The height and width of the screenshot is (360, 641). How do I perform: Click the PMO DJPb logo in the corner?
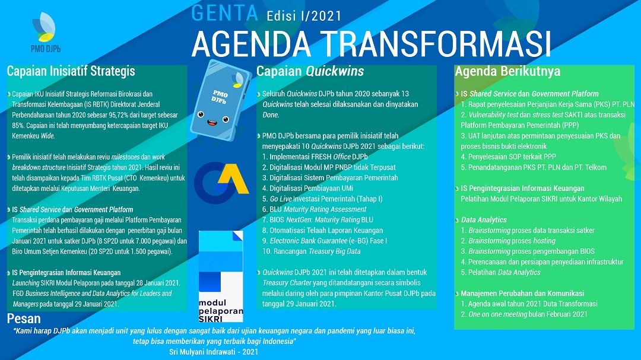coord(45,33)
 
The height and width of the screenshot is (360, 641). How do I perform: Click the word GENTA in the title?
coord(225,13)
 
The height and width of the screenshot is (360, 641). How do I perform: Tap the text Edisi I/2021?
coord(304,16)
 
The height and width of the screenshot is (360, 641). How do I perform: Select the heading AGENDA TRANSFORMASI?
coord(371,43)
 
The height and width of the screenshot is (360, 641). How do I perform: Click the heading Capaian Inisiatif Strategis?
coord(71,71)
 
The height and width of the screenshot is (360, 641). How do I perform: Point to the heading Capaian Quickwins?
coord(310,71)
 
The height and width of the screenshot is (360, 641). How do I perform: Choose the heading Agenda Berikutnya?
coord(507,71)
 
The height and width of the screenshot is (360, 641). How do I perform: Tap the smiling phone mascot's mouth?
coord(212,122)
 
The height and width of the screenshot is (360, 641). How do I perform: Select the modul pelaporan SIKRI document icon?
coord(221,276)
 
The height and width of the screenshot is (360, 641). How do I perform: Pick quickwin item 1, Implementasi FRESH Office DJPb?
coord(315,157)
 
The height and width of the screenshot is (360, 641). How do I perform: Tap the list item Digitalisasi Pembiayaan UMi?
coord(307,189)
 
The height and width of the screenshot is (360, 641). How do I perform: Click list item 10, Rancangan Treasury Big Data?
coord(312,251)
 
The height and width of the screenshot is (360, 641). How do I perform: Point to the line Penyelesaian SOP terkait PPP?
coord(508,157)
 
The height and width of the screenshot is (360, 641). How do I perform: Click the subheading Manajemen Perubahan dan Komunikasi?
coord(522,294)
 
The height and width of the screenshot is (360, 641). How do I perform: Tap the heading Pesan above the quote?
coord(24,318)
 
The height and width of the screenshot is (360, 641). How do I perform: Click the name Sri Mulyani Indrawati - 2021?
coord(214,352)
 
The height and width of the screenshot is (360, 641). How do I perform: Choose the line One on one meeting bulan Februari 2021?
coord(524,314)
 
